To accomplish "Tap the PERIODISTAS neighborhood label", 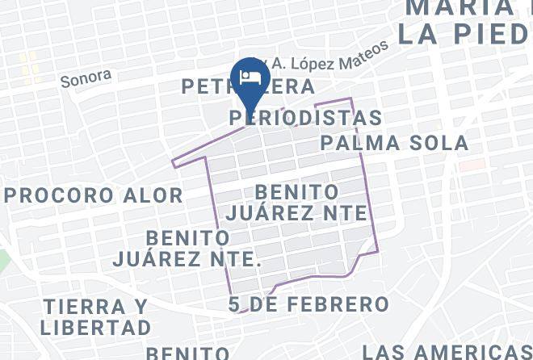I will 305,118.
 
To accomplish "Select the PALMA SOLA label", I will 394,144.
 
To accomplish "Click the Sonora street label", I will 86,78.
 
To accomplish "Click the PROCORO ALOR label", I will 93,195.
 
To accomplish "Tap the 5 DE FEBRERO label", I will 308,304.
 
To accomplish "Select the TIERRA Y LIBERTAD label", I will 96,317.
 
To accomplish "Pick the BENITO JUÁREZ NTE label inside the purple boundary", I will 297,203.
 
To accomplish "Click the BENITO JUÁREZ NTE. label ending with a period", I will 188,249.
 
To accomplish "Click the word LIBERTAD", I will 96,328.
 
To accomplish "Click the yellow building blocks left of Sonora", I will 30,69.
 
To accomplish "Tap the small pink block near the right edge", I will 472,165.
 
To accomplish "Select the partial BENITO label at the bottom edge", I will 187,354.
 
